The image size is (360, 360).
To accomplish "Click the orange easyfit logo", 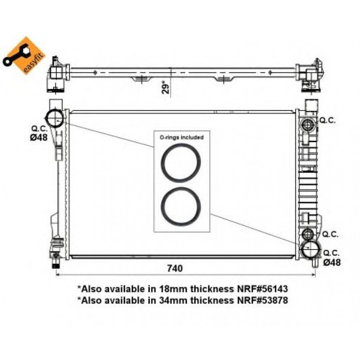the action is [x=24, y=55].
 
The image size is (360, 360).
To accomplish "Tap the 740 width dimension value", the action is [x=175, y=268].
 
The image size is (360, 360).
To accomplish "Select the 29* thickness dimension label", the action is [x=166, y=87].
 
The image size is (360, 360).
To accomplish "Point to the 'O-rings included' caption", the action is [x=182, y=137].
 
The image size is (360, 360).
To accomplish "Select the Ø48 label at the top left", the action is [x=39, y=138].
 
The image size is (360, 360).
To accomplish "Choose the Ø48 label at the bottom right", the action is [x=332, y=262].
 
